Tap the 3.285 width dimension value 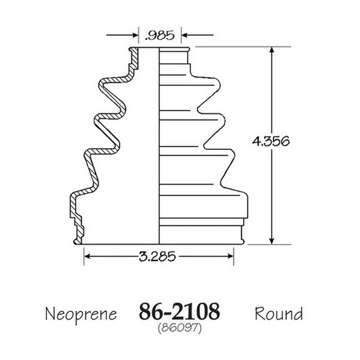(157, 256)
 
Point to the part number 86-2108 (180, 311)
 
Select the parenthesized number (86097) (180, 328)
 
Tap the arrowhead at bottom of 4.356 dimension (272, 241)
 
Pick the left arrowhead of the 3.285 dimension (87, 256)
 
